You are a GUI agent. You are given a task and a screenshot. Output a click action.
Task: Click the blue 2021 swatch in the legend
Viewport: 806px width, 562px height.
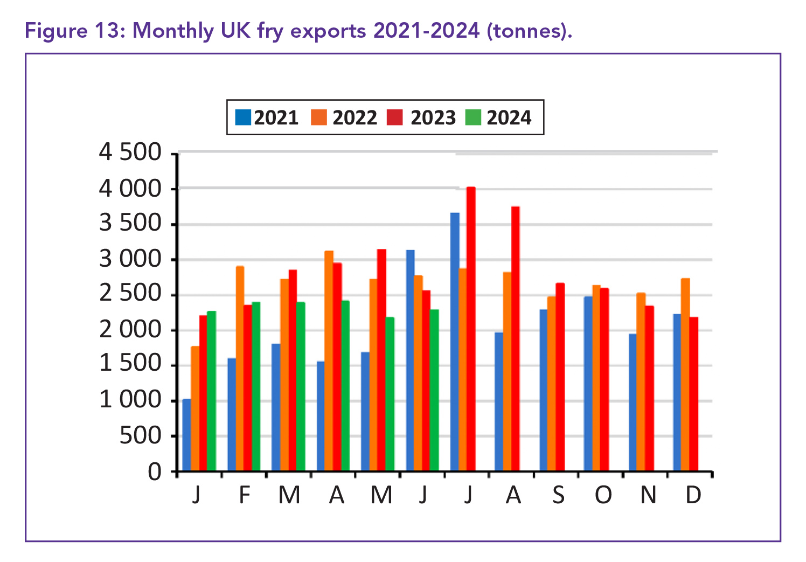point(244,117)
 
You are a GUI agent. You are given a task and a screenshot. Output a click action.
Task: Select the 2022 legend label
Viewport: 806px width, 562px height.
point(355,117)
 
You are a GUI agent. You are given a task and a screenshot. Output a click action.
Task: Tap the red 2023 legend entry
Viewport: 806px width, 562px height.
point(395,117)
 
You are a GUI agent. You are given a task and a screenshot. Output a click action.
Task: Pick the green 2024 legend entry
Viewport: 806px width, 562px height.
point(473,117)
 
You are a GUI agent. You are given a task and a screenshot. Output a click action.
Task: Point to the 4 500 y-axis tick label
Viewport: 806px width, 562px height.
point(130,152)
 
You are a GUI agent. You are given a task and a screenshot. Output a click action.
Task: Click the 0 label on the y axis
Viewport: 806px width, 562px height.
point(155,472)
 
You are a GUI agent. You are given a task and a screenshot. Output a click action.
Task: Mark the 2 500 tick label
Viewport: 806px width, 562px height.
point(130,294)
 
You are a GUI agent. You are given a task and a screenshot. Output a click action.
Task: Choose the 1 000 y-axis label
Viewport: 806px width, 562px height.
point(130,400)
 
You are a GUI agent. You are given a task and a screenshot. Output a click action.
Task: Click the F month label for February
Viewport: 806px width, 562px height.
point(245,495)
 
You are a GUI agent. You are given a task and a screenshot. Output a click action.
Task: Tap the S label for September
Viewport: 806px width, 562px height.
point(558,495)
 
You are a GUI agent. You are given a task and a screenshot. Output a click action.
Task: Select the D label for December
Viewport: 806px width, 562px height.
point(693,495)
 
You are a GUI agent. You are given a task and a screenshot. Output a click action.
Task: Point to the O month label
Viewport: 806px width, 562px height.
point(603,495)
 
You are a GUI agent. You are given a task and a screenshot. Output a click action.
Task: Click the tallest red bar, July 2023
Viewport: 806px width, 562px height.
point(471,329)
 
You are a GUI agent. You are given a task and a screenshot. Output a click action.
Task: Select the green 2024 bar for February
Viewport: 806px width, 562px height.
point(256,386)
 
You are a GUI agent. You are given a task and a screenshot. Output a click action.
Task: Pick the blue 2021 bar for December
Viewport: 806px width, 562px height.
point(677,392)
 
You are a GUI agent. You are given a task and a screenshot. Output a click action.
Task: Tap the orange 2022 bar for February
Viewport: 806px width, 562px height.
point(240,369)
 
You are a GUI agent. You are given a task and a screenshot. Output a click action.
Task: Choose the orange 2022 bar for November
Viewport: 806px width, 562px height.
point(641,381)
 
